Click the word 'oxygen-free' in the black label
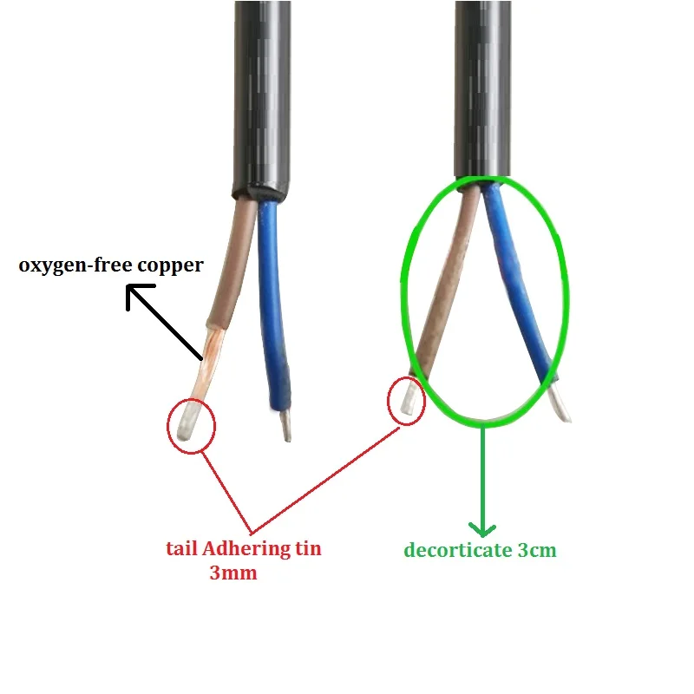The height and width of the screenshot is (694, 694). [x=75, y=265]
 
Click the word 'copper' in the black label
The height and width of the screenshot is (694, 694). [x=170, y=266]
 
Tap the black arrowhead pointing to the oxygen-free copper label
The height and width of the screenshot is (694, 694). [x=137, y=296]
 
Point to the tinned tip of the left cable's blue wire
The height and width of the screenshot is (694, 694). [x=286, y=425]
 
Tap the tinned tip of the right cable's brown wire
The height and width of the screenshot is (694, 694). [x=409, y=397]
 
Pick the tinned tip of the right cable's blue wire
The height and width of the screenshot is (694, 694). [x=560, y=402]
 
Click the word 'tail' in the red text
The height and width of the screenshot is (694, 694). [x=181, y=548]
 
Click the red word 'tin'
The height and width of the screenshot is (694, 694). [x=308, y=549]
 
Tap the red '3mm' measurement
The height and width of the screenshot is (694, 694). [x=233, y=573]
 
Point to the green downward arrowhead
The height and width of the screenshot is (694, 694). [x=482, y=528]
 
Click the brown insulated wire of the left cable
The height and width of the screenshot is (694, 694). [x=230, y=265]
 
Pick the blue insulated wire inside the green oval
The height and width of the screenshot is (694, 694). [x=518, y=284]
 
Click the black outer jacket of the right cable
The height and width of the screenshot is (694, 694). [x=482, y=88]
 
